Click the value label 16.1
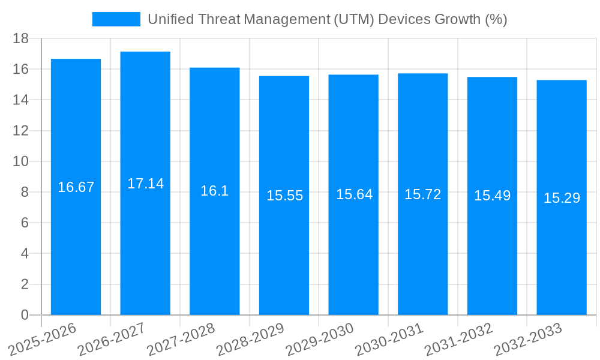coord(214,191)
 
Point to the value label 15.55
coord(284,196)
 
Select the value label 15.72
coord(422,194)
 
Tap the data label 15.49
coord(492,196)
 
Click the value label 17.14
coord(145,184)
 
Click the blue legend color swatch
coord(116,19)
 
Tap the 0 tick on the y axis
coord(25,315)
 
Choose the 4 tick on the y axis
coord(25,254)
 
